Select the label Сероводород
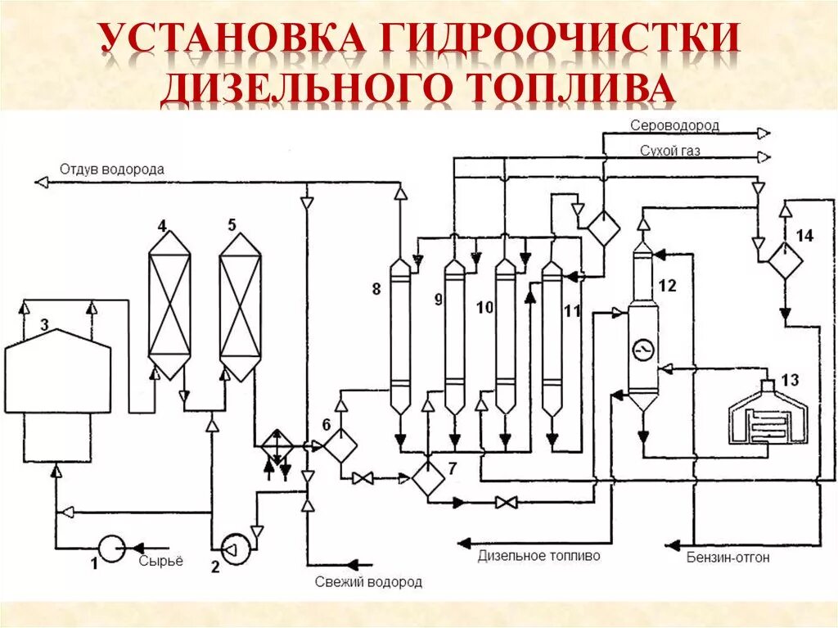674,125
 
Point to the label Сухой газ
670,151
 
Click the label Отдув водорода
111,169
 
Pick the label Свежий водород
368,582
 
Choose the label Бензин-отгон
728,558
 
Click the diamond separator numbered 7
427,477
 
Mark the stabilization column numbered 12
643,328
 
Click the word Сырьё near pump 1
160,561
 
